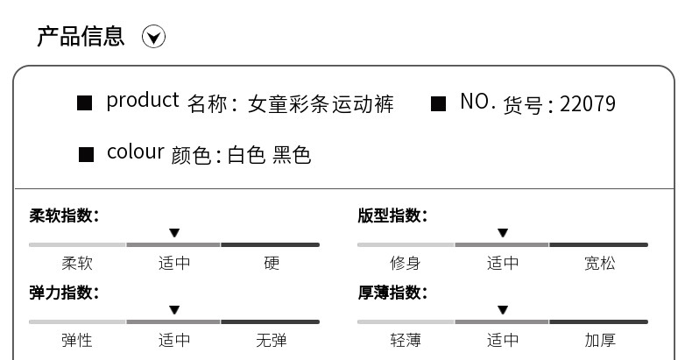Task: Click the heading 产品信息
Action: (x=81, y=37)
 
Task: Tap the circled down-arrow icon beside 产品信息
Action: (x=154, y=37)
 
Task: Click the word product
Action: (x=142, y=101)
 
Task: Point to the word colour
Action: (x=135, y=152)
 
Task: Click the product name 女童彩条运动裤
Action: (x=321, y=104)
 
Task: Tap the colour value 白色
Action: (x=246, y=156)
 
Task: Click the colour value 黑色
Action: (x=292, y=156)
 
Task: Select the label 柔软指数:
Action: (x=64, y=215)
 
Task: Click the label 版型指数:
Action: (x=392, y=215)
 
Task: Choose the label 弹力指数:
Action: (x=64, y=293)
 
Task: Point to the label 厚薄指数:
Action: (x=392, y=293)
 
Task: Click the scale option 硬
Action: (x=272, y=263)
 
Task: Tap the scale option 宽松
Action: (x=600, y=263)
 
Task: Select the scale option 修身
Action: (x=405, y=263)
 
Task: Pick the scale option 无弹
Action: (x=272, y=340)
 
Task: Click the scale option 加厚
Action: (x=600, y=340)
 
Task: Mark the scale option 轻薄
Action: (x=405, y=340)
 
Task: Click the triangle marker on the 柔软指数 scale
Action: (x=174, y=233)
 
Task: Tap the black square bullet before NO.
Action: (x=439, y=104)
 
